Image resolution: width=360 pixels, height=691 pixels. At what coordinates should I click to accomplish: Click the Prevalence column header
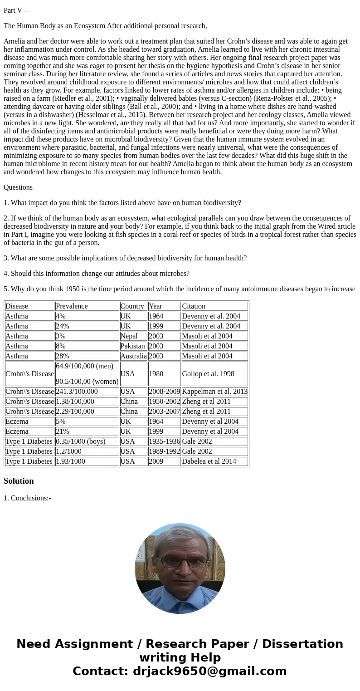[x=72, y=306]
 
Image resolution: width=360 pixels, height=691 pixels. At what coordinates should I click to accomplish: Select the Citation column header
[x=194, y=306]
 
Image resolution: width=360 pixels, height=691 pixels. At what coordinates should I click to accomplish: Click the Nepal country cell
[x=129, y=336]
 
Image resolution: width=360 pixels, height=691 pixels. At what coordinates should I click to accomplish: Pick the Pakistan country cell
[x=132, y=346]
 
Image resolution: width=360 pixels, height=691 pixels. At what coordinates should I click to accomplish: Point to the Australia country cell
[x=133, y=356]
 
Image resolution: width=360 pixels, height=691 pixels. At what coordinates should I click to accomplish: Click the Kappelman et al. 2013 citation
[x=214, y=392]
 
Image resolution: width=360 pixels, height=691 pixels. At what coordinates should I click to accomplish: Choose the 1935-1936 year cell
[x=164, y=441]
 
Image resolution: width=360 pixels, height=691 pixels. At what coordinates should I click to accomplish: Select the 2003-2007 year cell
[x=164, y=412]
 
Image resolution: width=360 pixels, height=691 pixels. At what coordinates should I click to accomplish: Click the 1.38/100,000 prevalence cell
[x=75, y=402]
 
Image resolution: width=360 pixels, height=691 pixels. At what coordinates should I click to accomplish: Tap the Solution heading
[x=19, y=481]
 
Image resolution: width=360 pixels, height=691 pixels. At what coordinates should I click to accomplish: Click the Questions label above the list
[x=18, y=187]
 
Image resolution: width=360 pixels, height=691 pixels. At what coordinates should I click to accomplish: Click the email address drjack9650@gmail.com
[x=210, y=671]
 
